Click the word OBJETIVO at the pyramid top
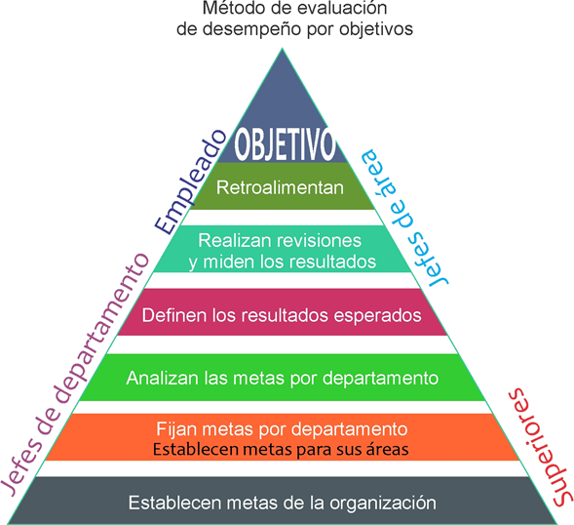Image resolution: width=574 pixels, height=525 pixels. pyautogui.click(x=285, y=144)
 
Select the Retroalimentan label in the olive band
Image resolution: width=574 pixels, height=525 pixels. pyautogui.click(x=280, y=187)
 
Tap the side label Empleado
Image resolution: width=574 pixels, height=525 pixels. pyautogui.click(x=190, y=182)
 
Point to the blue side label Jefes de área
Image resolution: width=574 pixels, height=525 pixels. pyautogui.click(x=404, y=219)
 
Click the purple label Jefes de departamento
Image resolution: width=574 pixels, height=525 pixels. pyautogui.click(x=75, y=374)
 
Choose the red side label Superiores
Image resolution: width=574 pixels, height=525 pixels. pyautogui.click(x=540, y=447)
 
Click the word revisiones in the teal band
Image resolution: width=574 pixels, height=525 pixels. pyautogui.click(x=319, y=241)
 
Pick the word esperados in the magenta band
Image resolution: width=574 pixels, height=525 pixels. pyautogui.click(x=377, y=315)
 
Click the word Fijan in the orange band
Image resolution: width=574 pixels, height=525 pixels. pyautogui.click(x=177, y=429)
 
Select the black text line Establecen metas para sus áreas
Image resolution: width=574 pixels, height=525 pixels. pyautogui.click(x=281, y=449)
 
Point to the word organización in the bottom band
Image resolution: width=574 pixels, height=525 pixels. pyautogui.click(x=383, y=503)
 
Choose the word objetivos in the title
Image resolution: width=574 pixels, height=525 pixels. pyautogui.click(x=376, y=29)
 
